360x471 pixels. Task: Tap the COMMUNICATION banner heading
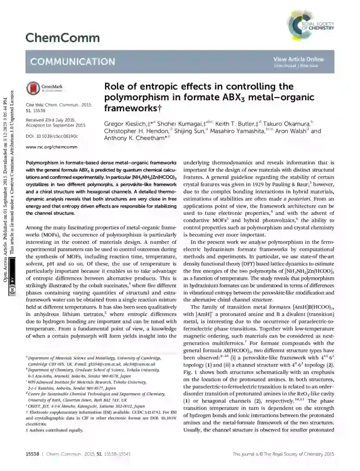click(x=73, y=62)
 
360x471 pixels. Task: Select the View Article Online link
click(x=298, y=59)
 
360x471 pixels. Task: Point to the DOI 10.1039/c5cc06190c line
click(x=52, y=136)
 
